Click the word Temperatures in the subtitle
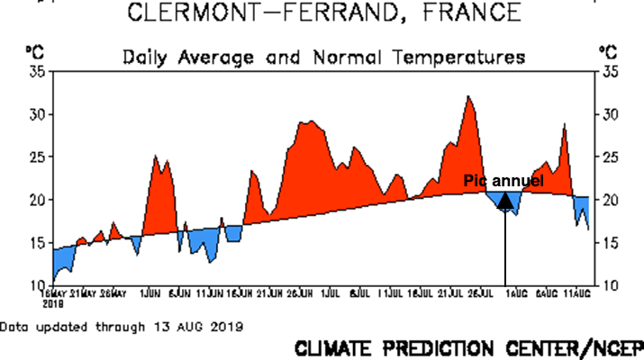(x=450, y=58)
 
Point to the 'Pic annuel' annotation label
(x=503, y=181)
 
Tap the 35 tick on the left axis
(x=37, y=72)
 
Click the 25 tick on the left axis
(x=37, y=157)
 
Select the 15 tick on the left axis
(x=37, y=242)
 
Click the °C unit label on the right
(x=607, y=53)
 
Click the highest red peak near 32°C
(x=468, y=96)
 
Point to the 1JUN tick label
(x=150, y=293)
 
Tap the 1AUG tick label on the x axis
(x=515, y=293)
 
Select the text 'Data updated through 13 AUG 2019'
(x=122, y=324)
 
